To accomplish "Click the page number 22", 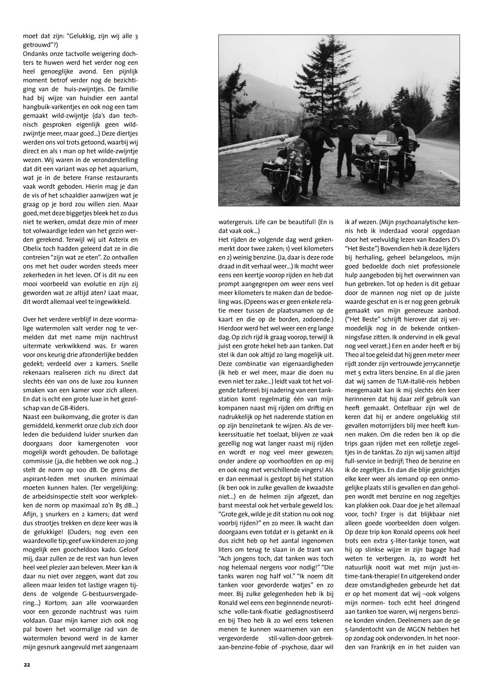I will (27, 664).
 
